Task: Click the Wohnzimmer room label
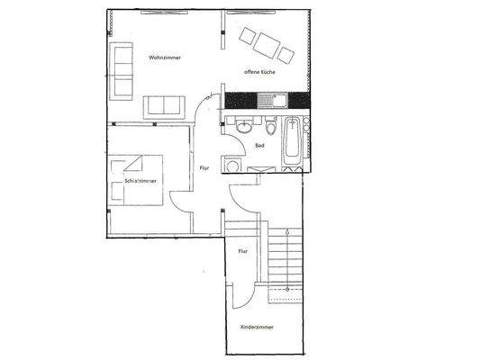click(165, 58)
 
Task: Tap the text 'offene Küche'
click(259, 71)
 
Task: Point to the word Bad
click(259, 145)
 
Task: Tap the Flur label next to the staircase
click(242, 252)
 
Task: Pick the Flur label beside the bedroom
click(204, 167)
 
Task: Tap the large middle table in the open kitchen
click(268, 42)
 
